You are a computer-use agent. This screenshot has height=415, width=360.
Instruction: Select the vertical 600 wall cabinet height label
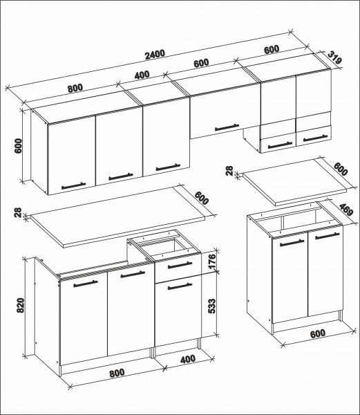click(19, 145)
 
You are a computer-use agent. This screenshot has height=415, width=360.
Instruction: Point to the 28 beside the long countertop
click(17, 213)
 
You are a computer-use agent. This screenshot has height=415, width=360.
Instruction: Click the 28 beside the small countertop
click(229, 171)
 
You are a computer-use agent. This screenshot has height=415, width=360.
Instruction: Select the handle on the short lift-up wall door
click(225, 127)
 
